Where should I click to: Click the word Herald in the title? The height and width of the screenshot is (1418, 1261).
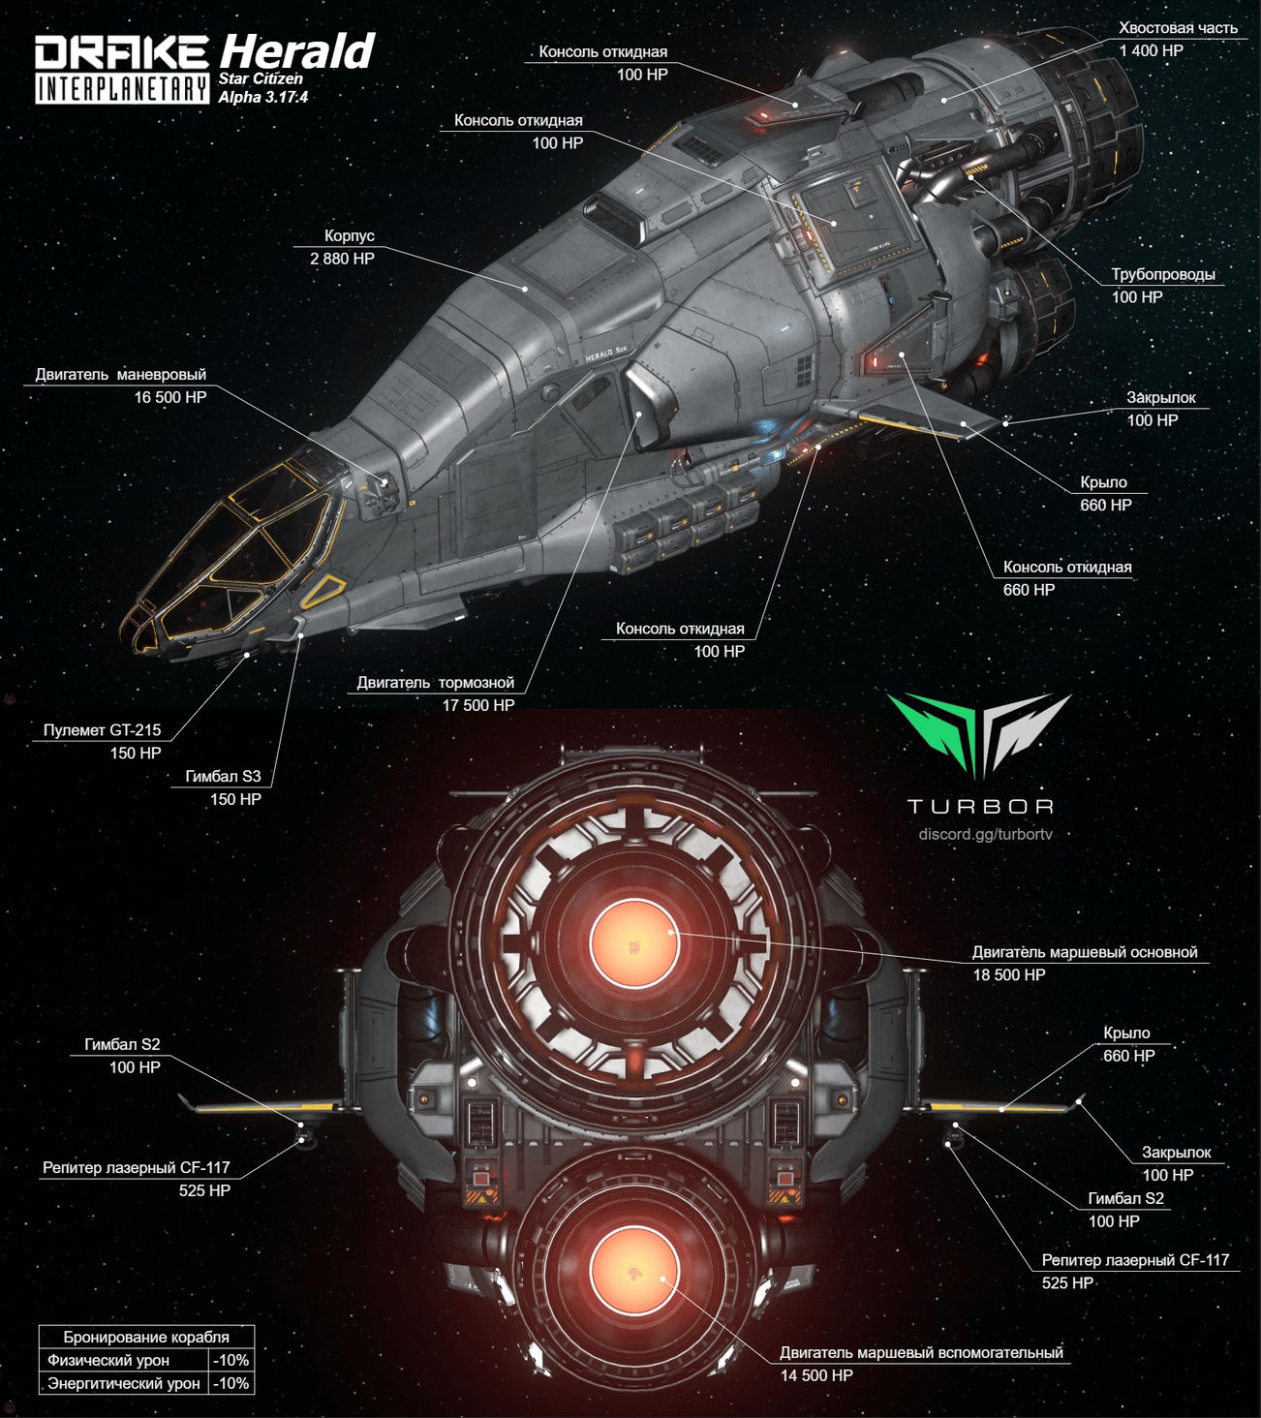(296, 50)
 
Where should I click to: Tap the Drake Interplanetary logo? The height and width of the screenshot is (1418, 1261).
(122, 70)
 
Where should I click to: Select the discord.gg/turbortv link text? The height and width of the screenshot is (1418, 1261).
(985, 834)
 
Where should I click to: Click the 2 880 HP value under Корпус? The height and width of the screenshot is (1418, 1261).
(342, 259)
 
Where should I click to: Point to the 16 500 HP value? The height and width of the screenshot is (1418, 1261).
(170, 397)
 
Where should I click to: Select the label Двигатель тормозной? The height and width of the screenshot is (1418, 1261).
(435, 683)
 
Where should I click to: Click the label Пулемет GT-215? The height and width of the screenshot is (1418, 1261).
(102, 730)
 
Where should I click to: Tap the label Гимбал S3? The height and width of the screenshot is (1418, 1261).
(223, 776)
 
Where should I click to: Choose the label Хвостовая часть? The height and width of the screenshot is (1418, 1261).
(1178, 28)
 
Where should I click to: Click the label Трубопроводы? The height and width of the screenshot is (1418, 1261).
(1162, 274)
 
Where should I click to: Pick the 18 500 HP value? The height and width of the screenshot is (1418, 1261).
(1009, 975)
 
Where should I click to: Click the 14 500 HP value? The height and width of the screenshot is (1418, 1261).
(816, 1375)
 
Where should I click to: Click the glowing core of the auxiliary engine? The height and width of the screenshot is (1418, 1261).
(633, 1270)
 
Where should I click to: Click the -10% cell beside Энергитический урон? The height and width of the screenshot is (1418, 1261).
(231, 1383)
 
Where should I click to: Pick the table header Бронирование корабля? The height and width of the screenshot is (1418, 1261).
(146, 1337)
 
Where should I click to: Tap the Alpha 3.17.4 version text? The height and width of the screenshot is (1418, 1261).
(262, 97)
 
